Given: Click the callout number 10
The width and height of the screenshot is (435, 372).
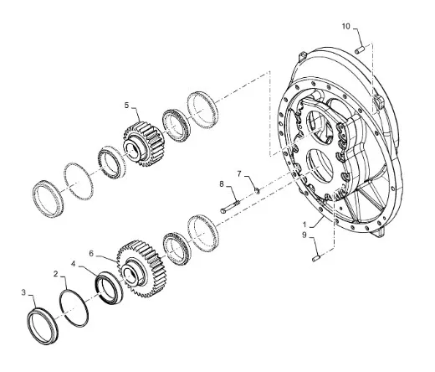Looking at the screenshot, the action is [x=345, y=26].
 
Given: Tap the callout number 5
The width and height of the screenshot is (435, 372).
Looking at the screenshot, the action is [x=127, y=106].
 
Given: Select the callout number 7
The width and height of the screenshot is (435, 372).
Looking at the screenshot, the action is [x=239, y=174].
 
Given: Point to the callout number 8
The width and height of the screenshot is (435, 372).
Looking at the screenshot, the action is [x=222, y=184].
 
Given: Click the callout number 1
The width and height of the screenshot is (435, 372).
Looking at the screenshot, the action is [x=304, y=225].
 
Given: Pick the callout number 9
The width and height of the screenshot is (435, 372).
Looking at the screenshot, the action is [x=304, y=235].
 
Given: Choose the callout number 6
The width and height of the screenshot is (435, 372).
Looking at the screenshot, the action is [x=91, y=254].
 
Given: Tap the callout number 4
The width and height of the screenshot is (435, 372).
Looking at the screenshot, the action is [x=74, y=264].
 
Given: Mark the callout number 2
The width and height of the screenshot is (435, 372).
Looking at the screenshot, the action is [x=56, y=274].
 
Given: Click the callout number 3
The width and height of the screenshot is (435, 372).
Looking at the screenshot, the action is [x=23, y=292].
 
